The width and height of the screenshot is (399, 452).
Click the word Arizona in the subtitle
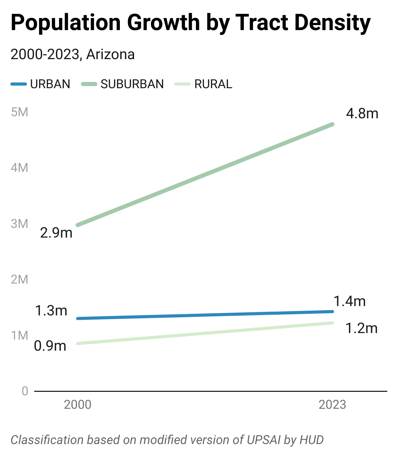pyautogui.click(x=110, y=55)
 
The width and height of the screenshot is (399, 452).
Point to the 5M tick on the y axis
pyautogui.click(x=19, y=112)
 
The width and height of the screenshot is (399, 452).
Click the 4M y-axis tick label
pyautogui.click(x=19, y=168)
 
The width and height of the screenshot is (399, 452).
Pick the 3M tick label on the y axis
pyautogui.click(x=19, y=224)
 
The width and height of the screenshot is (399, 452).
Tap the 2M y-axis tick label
pyautogui.click(x=19, y=279)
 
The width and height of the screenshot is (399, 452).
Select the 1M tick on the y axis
pyautogui.click(x=19, y=335)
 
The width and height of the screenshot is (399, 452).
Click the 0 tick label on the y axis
pyautogui.click(x=25, y=391)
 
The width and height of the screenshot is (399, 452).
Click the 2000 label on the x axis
pyautogui.click(x=78, y=405)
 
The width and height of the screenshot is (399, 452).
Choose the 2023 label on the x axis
pyautogui.click(x=332, y=405)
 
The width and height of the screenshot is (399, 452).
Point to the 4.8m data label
pyautogui.click(x=362, y=113)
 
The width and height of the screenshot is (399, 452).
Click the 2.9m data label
pyautogui.click(x=56, y=233)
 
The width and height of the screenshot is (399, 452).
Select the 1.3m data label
pyautogui.click(x=51, y=311)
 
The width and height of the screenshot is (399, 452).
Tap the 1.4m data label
pyautogui.click(x=350, y=301)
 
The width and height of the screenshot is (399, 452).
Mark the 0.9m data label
pyautogui.click(x=50, y=346)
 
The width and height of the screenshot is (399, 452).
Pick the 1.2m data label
pyautogui.click(x=361, y=328)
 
